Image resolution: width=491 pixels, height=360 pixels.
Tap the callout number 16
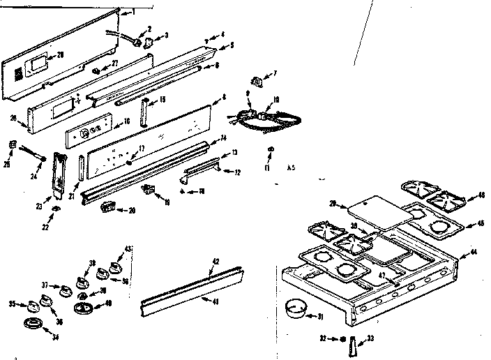(x=126, y=121)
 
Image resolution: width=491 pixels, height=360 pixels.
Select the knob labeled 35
(x=35, y=304)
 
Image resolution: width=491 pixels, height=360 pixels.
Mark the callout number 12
(x=238, y=172)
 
